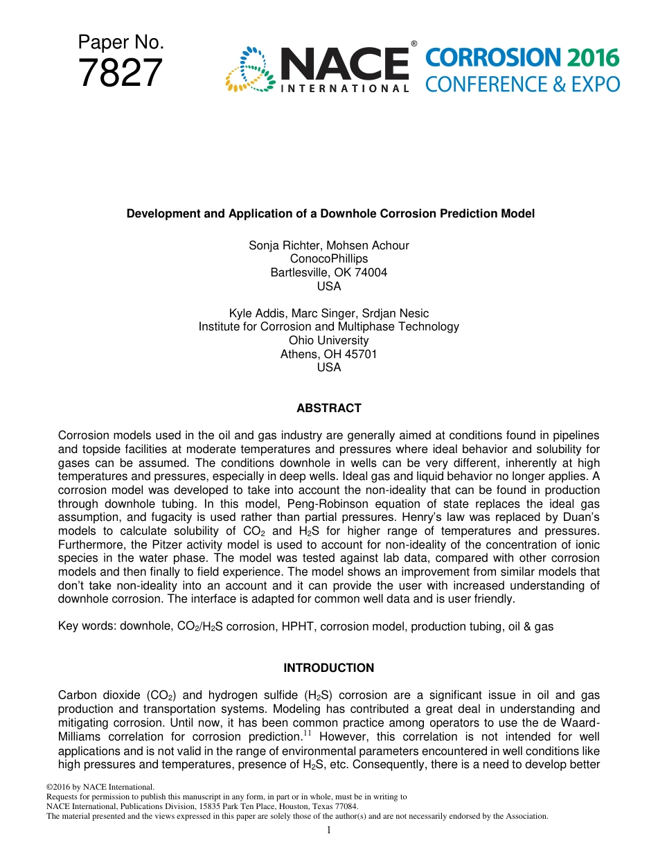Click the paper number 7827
pyautogui.click(x=121, y=73)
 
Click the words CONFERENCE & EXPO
pyautogui.click(x=522, y=85)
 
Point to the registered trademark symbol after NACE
pyautogui.click(x=414, y=44)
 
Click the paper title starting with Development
pyautogui.click(x=330, y=213)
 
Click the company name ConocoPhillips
pyautogui.click(x=329, y=258)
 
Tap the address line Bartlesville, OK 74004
pyautogui.click(x=329, y=272)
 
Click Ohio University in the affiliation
pyautogui.click(x=329, y=340)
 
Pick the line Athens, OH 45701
pyautogui.click(x=329, y=354)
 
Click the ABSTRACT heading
pyautogui.click(x=329, y=408)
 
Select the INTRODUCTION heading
pyautogui.click(x=329, y=668)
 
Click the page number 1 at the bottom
pyautogui.click(x=329, y=829)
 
